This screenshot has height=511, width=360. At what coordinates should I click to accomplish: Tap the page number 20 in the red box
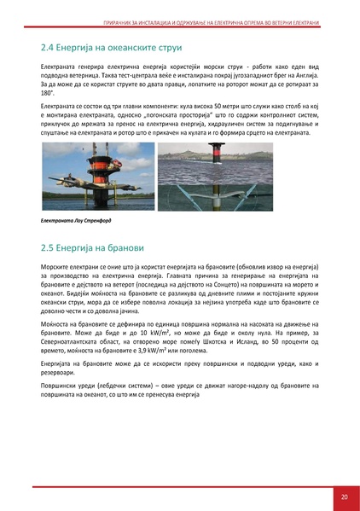344,496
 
